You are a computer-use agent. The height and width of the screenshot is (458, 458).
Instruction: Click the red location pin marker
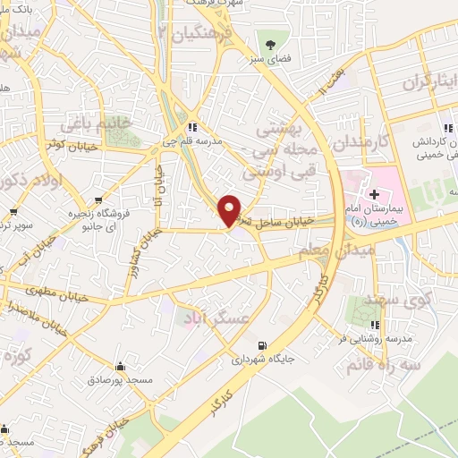coord(230,209)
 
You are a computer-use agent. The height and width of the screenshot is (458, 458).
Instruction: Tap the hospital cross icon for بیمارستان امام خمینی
coord(373,193)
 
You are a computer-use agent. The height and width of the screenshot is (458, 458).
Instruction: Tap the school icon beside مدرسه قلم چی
coord(192,126)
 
